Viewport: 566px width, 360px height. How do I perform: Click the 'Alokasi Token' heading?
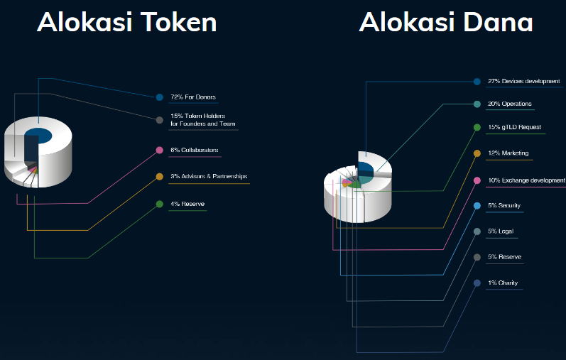coord(127,22)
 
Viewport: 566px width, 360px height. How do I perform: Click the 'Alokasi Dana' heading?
coord(446,22)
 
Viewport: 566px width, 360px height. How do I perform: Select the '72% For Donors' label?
coord(193,97)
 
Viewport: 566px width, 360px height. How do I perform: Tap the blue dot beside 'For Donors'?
coord(159,97)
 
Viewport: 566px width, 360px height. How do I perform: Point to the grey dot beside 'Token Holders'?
coord(159,120)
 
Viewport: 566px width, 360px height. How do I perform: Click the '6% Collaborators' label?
coord(195,151)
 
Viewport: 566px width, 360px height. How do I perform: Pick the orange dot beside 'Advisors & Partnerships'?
coord(159,176)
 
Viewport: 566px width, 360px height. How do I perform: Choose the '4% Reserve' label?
coord(187,204)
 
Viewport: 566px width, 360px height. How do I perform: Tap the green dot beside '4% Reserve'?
coord(159,204)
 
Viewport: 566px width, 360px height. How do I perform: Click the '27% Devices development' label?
coord(524,82)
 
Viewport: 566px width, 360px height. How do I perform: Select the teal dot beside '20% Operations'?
coord(477,104)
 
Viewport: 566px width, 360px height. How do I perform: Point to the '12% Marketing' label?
coord(508,153)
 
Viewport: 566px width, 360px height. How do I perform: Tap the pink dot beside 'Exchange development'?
coord(477,180)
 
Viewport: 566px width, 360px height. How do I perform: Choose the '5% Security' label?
coord(505,206)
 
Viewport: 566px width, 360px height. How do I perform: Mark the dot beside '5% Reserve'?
coord(477,257)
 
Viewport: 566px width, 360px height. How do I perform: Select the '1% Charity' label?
coord(503,283)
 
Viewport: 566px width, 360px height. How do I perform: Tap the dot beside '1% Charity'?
coord(477,283)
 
